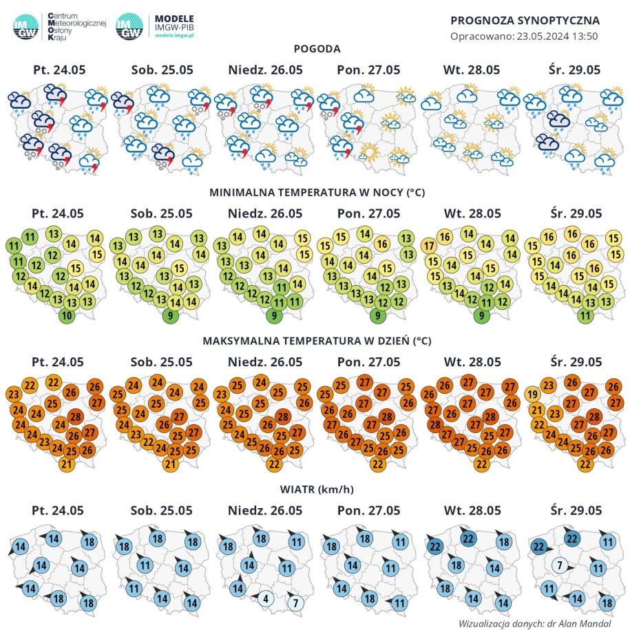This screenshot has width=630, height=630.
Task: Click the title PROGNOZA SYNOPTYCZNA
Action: coord(525,20)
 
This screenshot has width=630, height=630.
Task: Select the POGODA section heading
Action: coord(317,49)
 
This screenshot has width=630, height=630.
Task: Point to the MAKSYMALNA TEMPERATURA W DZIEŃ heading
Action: coord(317,340)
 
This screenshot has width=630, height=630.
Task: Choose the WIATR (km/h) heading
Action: coord(317,490)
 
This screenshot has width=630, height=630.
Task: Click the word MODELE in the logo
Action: coord(175,18)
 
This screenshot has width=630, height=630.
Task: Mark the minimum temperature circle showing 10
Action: coord(67,316)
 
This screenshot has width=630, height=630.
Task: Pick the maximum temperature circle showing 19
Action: coord(532,395)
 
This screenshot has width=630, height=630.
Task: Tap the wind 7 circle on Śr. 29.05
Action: coord(559,565)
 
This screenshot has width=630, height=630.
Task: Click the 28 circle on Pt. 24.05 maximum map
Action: coord(75,416)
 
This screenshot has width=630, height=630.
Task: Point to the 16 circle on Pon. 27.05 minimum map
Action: coord(382,243)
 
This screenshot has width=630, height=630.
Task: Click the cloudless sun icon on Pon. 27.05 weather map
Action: coord(370,151)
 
